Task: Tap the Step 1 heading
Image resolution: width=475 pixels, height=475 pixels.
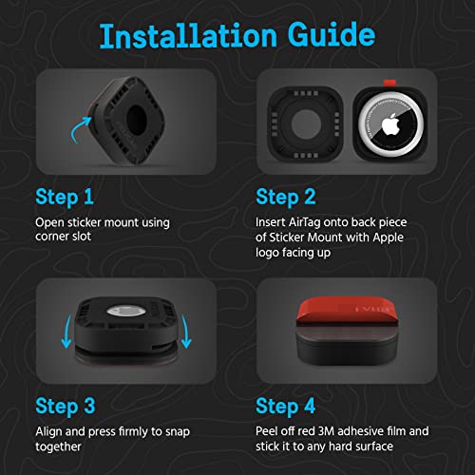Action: [65, 198]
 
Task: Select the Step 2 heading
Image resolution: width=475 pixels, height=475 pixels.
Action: [286, 198]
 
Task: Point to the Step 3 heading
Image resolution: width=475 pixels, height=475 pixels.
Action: [66, 407]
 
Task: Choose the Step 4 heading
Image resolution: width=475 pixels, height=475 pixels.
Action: [285, 407]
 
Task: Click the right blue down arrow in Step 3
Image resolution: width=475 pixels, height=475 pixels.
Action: [185, 332]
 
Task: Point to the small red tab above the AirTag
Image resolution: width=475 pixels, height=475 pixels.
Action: [389, 83]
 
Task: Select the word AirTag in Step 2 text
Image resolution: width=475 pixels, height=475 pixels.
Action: [305, 222]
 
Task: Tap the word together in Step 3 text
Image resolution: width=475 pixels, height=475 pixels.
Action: [58, 447]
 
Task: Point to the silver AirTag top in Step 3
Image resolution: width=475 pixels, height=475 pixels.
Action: [126, 311]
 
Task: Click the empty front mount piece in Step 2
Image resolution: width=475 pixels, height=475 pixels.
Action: [305, 124]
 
